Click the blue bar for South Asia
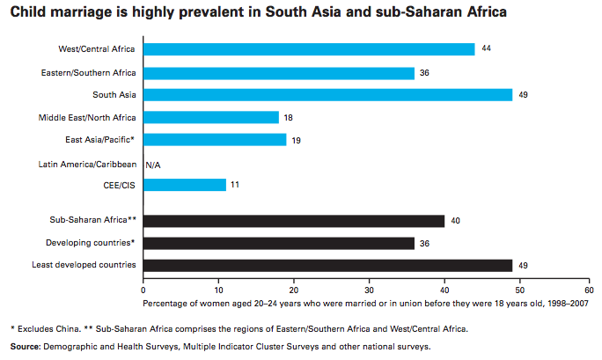click(327, 94)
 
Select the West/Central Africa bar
click(308, 49)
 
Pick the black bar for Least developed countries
click(327, 264)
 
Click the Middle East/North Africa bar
click(210, 117)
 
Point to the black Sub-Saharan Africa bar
click(293, 219)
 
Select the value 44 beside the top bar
click(487, 48)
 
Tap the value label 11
click(235, 185)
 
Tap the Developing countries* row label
click(92, 242)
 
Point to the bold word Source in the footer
click(27, 347)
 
